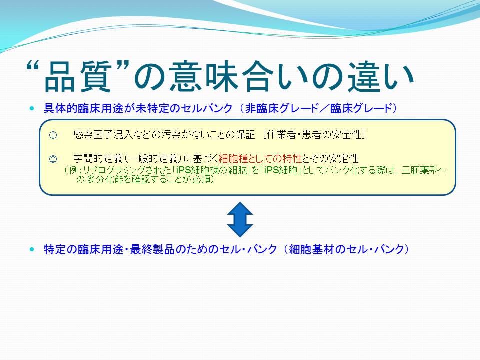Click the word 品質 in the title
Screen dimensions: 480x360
[x=78, y=77]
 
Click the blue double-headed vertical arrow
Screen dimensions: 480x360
[x=240, y=219]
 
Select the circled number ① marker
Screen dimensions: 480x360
[x=53, y=135]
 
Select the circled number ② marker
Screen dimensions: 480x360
[x=53, y=159]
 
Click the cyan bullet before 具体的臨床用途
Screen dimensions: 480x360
[x=32, y=108]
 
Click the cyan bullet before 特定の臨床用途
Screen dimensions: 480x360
[x=32, y=249]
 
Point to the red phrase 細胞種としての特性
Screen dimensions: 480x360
[x=260, y=159]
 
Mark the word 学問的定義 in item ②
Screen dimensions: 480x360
[x=98, y=159]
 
